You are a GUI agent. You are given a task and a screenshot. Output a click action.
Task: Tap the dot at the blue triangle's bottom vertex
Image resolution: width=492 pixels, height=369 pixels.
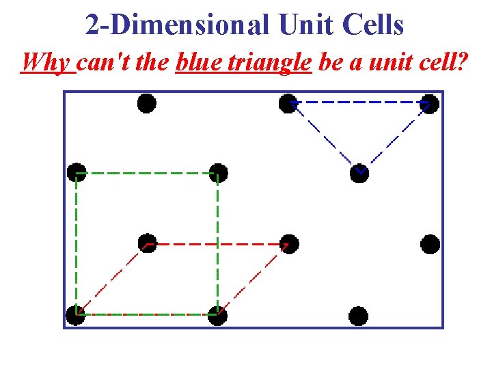click(359, 174)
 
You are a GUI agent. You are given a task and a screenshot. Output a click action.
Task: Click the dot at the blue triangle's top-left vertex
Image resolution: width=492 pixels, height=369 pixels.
click(288, 103)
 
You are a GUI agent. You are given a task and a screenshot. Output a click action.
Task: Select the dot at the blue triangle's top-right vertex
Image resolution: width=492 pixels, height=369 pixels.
click(429, 103)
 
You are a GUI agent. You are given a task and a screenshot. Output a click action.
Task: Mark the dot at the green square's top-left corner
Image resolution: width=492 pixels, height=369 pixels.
click(77, 173)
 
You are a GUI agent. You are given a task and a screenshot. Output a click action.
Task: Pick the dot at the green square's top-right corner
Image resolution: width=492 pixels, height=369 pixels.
click(218, 173)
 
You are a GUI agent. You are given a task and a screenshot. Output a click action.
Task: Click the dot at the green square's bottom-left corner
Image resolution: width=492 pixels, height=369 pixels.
click(76, 315)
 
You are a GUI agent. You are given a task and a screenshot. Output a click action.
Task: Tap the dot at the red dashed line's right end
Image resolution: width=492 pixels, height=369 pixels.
click(289, 244)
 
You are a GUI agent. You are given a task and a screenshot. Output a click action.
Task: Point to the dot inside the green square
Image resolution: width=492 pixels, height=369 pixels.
click(147, 243)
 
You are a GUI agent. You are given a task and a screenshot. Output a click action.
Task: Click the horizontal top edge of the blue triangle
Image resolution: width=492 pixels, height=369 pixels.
click(359, 102)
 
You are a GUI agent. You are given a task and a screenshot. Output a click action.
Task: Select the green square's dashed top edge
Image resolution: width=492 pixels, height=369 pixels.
click(147, 174)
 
